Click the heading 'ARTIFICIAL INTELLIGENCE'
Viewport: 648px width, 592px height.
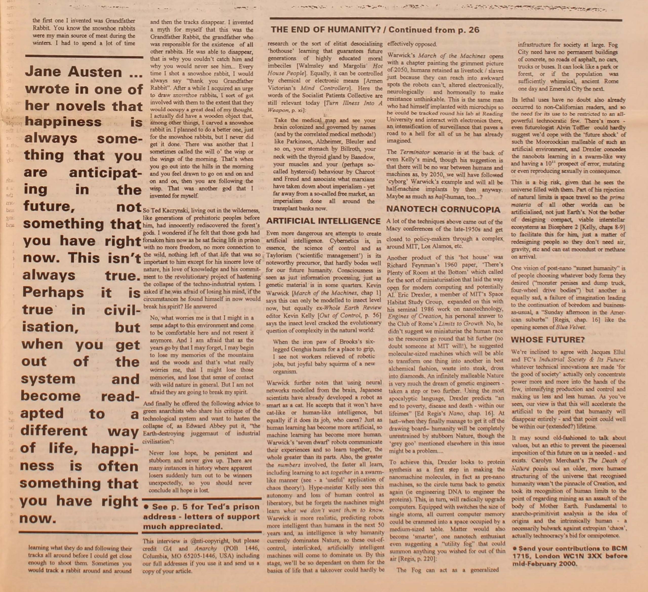[323, 221]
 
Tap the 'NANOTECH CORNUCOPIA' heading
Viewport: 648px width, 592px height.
[443, 209]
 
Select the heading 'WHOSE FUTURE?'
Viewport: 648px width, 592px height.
[548, 339]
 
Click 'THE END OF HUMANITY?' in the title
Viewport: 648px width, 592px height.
[327, 30]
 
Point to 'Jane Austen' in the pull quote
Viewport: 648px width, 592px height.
[74, 72]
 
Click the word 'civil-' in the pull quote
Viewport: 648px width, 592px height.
[122, 310]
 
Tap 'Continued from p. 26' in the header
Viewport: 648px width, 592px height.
[434, 30]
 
